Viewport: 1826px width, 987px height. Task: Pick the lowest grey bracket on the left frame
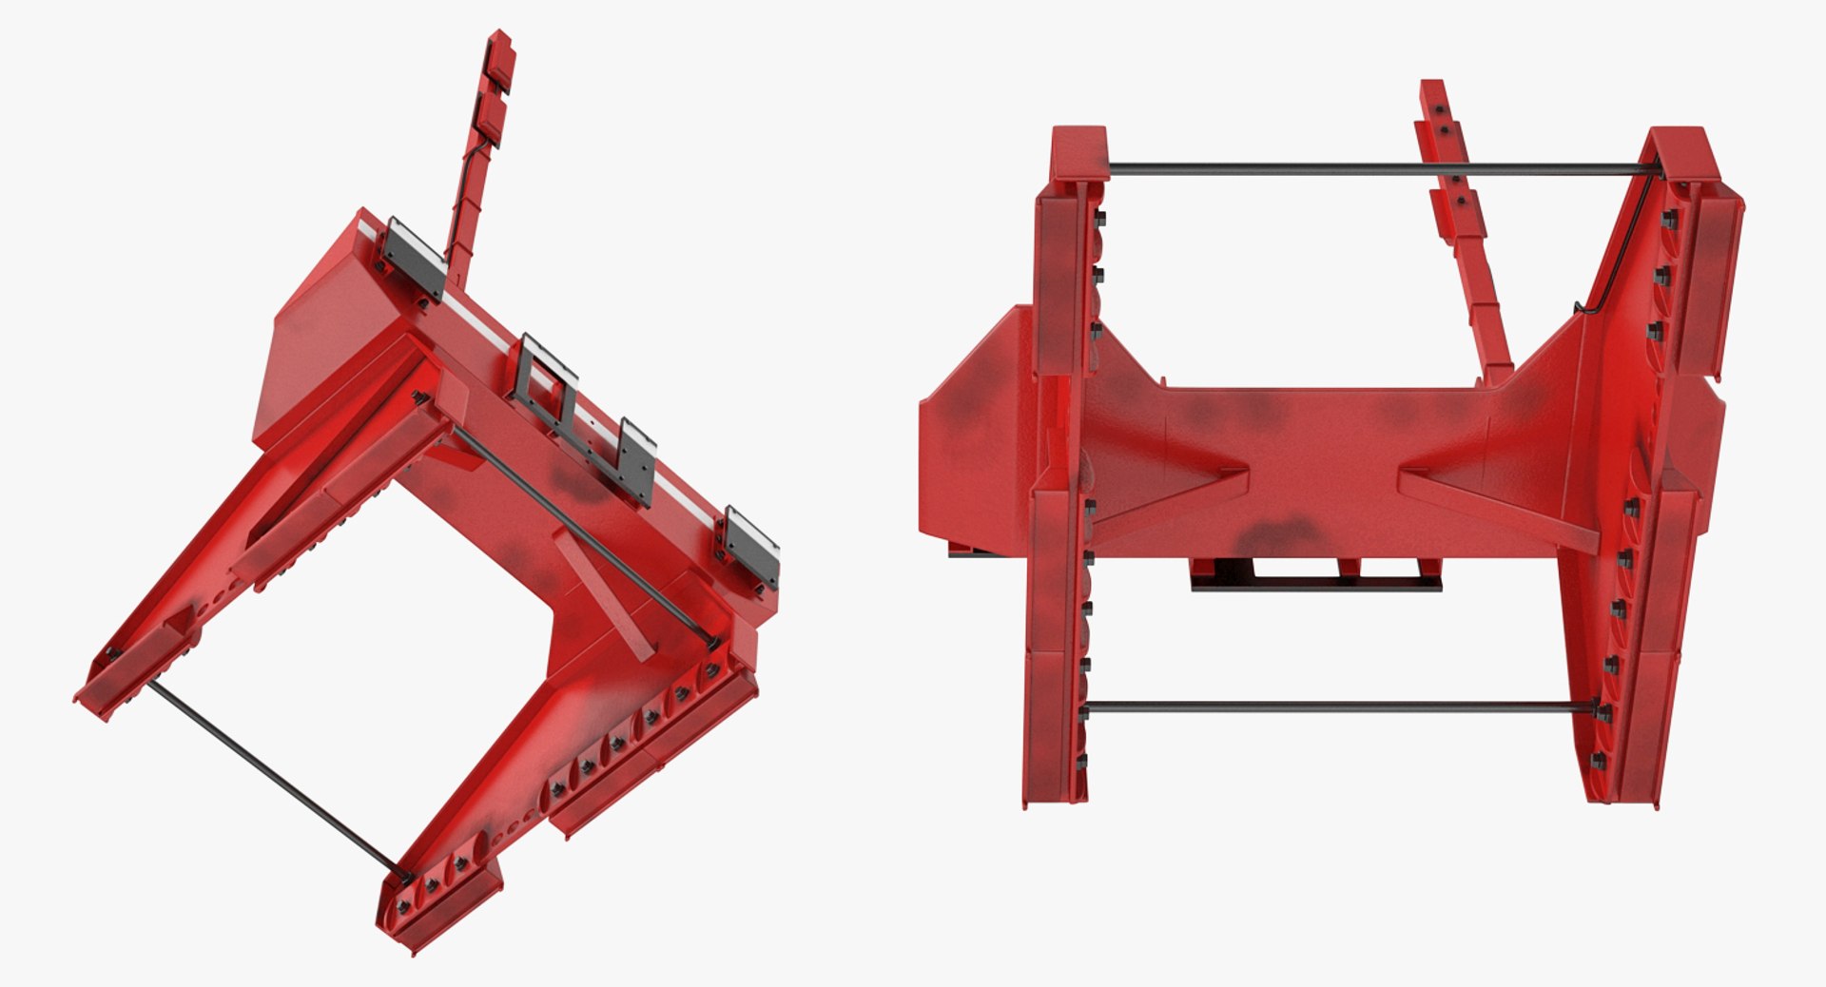click(751, 549)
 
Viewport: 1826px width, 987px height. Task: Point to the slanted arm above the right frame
click(1460, 219)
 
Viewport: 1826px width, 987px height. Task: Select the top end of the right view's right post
click(1683, 152)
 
